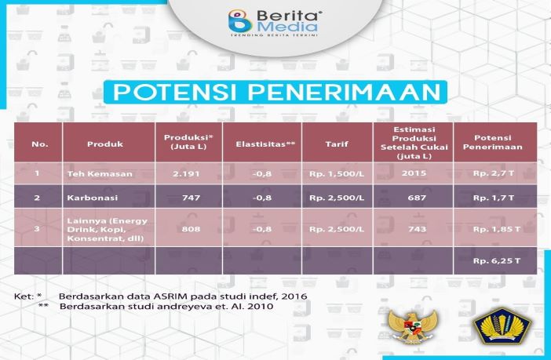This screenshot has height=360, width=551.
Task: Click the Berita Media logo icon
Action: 240,21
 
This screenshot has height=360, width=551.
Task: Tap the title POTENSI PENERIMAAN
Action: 275,93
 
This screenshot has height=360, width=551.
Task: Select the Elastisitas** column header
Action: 265,144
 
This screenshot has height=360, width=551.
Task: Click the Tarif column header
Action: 337,144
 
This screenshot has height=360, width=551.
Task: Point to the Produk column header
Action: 105,144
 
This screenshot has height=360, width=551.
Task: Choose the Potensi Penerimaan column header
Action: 493,142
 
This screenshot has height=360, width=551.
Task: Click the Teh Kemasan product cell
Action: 100,174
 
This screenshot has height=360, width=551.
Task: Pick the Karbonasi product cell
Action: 93,198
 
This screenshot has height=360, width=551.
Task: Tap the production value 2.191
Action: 186,173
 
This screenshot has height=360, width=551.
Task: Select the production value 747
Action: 192,198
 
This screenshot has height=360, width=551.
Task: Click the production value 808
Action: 192,229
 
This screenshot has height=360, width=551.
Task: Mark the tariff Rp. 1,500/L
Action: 337,173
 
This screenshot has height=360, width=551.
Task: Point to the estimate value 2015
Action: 414,173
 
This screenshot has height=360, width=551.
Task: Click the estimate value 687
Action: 417,198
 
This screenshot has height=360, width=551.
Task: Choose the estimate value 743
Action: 417,229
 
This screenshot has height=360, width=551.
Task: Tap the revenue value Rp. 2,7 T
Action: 494,173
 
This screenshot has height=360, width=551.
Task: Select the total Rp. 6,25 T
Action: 497,261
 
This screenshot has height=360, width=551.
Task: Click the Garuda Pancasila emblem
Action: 413,326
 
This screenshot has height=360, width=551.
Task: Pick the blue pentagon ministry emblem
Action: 502,325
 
